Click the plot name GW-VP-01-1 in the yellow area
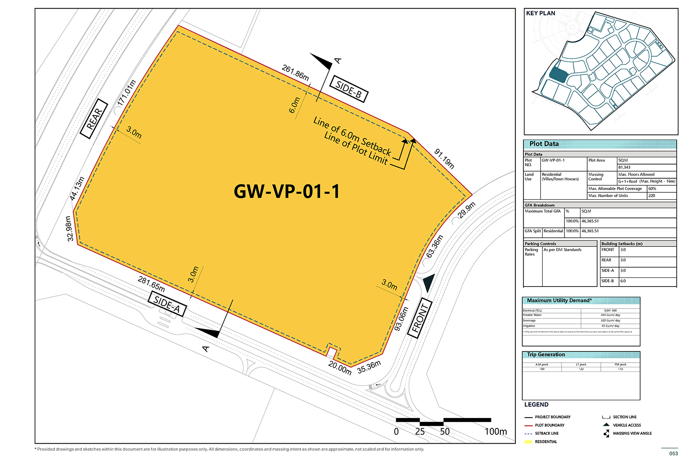click(x=286, y=191)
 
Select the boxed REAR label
click(x=94, y=119)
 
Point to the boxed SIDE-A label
click(x=167, y=305)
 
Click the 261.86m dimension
click(x=295, y=73)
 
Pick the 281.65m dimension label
click(x=151, y=284)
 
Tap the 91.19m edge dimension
click(x=445, y=159)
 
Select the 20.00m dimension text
click(x=340, y=368)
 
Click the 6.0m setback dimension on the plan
click(x=294, y=105)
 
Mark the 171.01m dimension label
click(x=126, y=93)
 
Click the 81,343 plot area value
click(x=624, y=167)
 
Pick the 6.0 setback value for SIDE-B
click(x=623, y=281)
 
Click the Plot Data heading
click(x=544, y=144)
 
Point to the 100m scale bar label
click(x=495, y=432)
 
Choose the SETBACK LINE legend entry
click(x=547, y=433)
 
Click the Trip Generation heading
click(x=546, y=355)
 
